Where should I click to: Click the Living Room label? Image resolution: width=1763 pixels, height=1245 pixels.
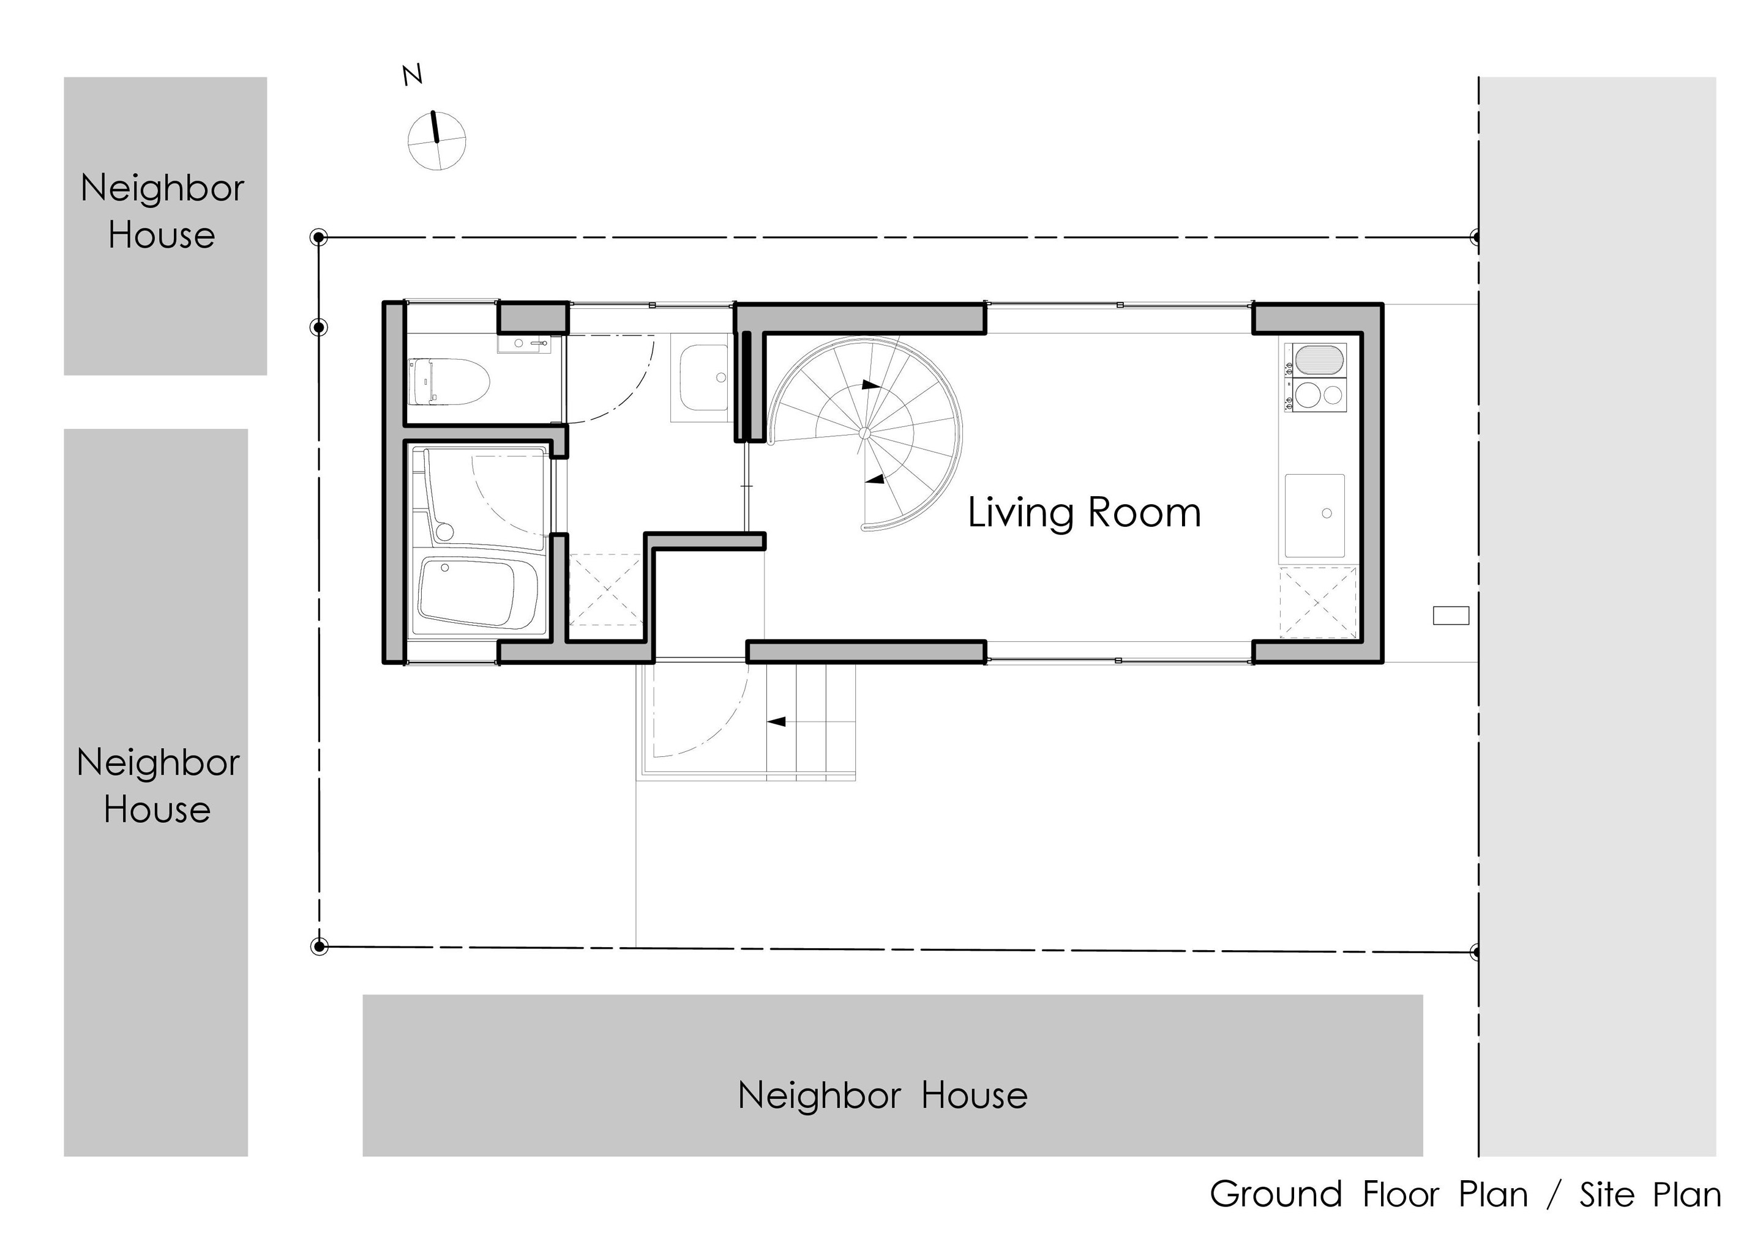click(x=1084, y=513)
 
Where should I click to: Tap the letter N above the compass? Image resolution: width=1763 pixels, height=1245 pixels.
click(x=413, y=75)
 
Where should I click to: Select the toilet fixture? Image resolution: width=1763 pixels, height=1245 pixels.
click(x=449, y=382)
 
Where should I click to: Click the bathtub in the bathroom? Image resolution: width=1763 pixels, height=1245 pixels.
click(x=477, y=594)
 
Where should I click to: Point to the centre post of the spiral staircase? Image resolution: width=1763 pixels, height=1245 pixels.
click(x=864, y=434)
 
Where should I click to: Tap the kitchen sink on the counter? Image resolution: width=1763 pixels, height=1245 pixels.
click(x=1314, y=515)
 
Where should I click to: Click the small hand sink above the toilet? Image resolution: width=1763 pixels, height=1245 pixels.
click(x=525, y=344)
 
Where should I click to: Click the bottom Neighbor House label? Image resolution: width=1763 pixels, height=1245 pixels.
click(x=882, y=1095)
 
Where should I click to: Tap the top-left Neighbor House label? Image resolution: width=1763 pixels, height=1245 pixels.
click(x=162, y=211)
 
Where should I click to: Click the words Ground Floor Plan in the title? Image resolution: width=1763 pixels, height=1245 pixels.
click(x=1369, y=1194)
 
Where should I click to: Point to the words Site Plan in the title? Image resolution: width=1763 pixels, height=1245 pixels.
click(x=1650, y=1195)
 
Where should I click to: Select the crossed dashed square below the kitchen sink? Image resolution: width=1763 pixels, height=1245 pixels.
click(x=1317, y=603)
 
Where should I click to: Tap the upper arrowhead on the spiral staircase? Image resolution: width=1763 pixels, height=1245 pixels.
click(x=870, y=385)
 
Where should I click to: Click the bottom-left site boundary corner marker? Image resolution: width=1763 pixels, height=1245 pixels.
click(x=320, y=946)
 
